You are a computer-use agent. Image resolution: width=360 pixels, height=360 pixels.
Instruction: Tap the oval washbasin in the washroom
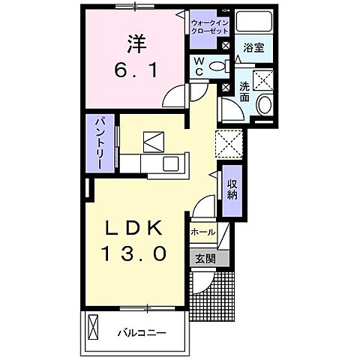coord(263,106)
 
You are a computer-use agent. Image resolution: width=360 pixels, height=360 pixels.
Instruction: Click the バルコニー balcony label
coord(142,331)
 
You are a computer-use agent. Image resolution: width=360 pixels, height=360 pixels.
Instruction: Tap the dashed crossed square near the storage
coord(229,142)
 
